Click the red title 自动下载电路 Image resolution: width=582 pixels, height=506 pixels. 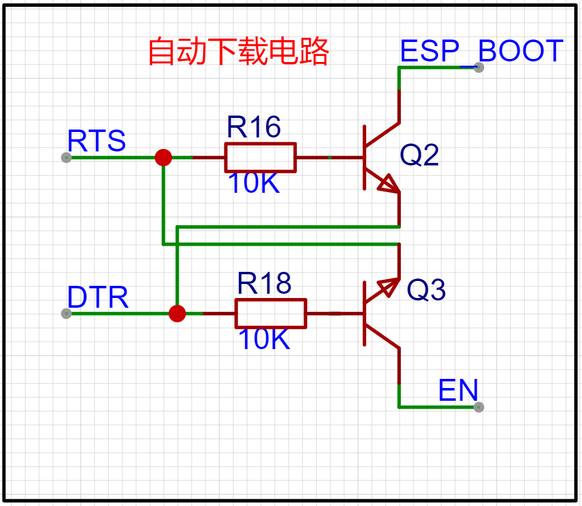(x=238, y=52)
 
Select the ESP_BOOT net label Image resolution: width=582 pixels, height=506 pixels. (x=481, y=51)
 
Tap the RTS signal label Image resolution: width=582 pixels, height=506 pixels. (x=97, y=140)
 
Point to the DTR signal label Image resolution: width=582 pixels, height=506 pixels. (x=98, y=297)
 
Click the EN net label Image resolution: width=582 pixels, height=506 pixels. (x=458, y=390)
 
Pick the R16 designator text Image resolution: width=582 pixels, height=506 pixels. (x=254, y=127)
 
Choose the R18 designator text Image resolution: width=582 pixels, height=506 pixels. (x=264, y=283)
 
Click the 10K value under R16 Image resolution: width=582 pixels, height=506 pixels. (x=254, y=183)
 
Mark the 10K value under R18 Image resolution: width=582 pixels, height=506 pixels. (x=264, y=339)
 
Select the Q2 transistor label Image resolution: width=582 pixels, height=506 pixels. (x=419, y=156)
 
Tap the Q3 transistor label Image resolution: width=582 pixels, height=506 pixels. (x=426, y=291)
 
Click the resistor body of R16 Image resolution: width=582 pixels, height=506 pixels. (x=260, y=158)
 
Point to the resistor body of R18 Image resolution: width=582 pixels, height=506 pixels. (x=271, y=314)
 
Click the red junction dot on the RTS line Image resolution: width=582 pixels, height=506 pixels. (x=163, y=158)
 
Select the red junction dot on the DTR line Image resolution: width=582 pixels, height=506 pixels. (x=177, y=314)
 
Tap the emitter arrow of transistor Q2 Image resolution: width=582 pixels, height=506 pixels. (x=388, y=184)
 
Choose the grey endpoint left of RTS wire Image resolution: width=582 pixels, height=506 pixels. (x=66, y=158)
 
